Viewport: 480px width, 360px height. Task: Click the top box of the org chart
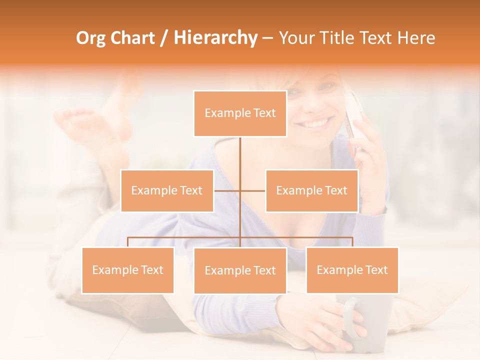tap(240, 113)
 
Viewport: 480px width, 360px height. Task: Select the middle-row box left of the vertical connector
tap(167, 190)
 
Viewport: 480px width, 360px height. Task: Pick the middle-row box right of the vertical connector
tap(311, 190)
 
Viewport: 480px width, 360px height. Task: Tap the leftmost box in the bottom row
tap(128, 270)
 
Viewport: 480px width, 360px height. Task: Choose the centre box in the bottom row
tap(240, 270)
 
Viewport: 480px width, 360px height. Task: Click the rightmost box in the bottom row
tap(352, 270)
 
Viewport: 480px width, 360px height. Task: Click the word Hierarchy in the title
tap(215, 38)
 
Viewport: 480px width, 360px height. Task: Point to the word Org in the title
tap(91, 38)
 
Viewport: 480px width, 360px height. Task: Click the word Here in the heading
tap(416, 38)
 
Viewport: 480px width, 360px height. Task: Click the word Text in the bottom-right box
tap(376, 270)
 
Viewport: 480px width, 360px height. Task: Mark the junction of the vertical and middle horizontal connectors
tap(240, 190)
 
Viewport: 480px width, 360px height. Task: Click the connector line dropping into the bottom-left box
tap(128, 242)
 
